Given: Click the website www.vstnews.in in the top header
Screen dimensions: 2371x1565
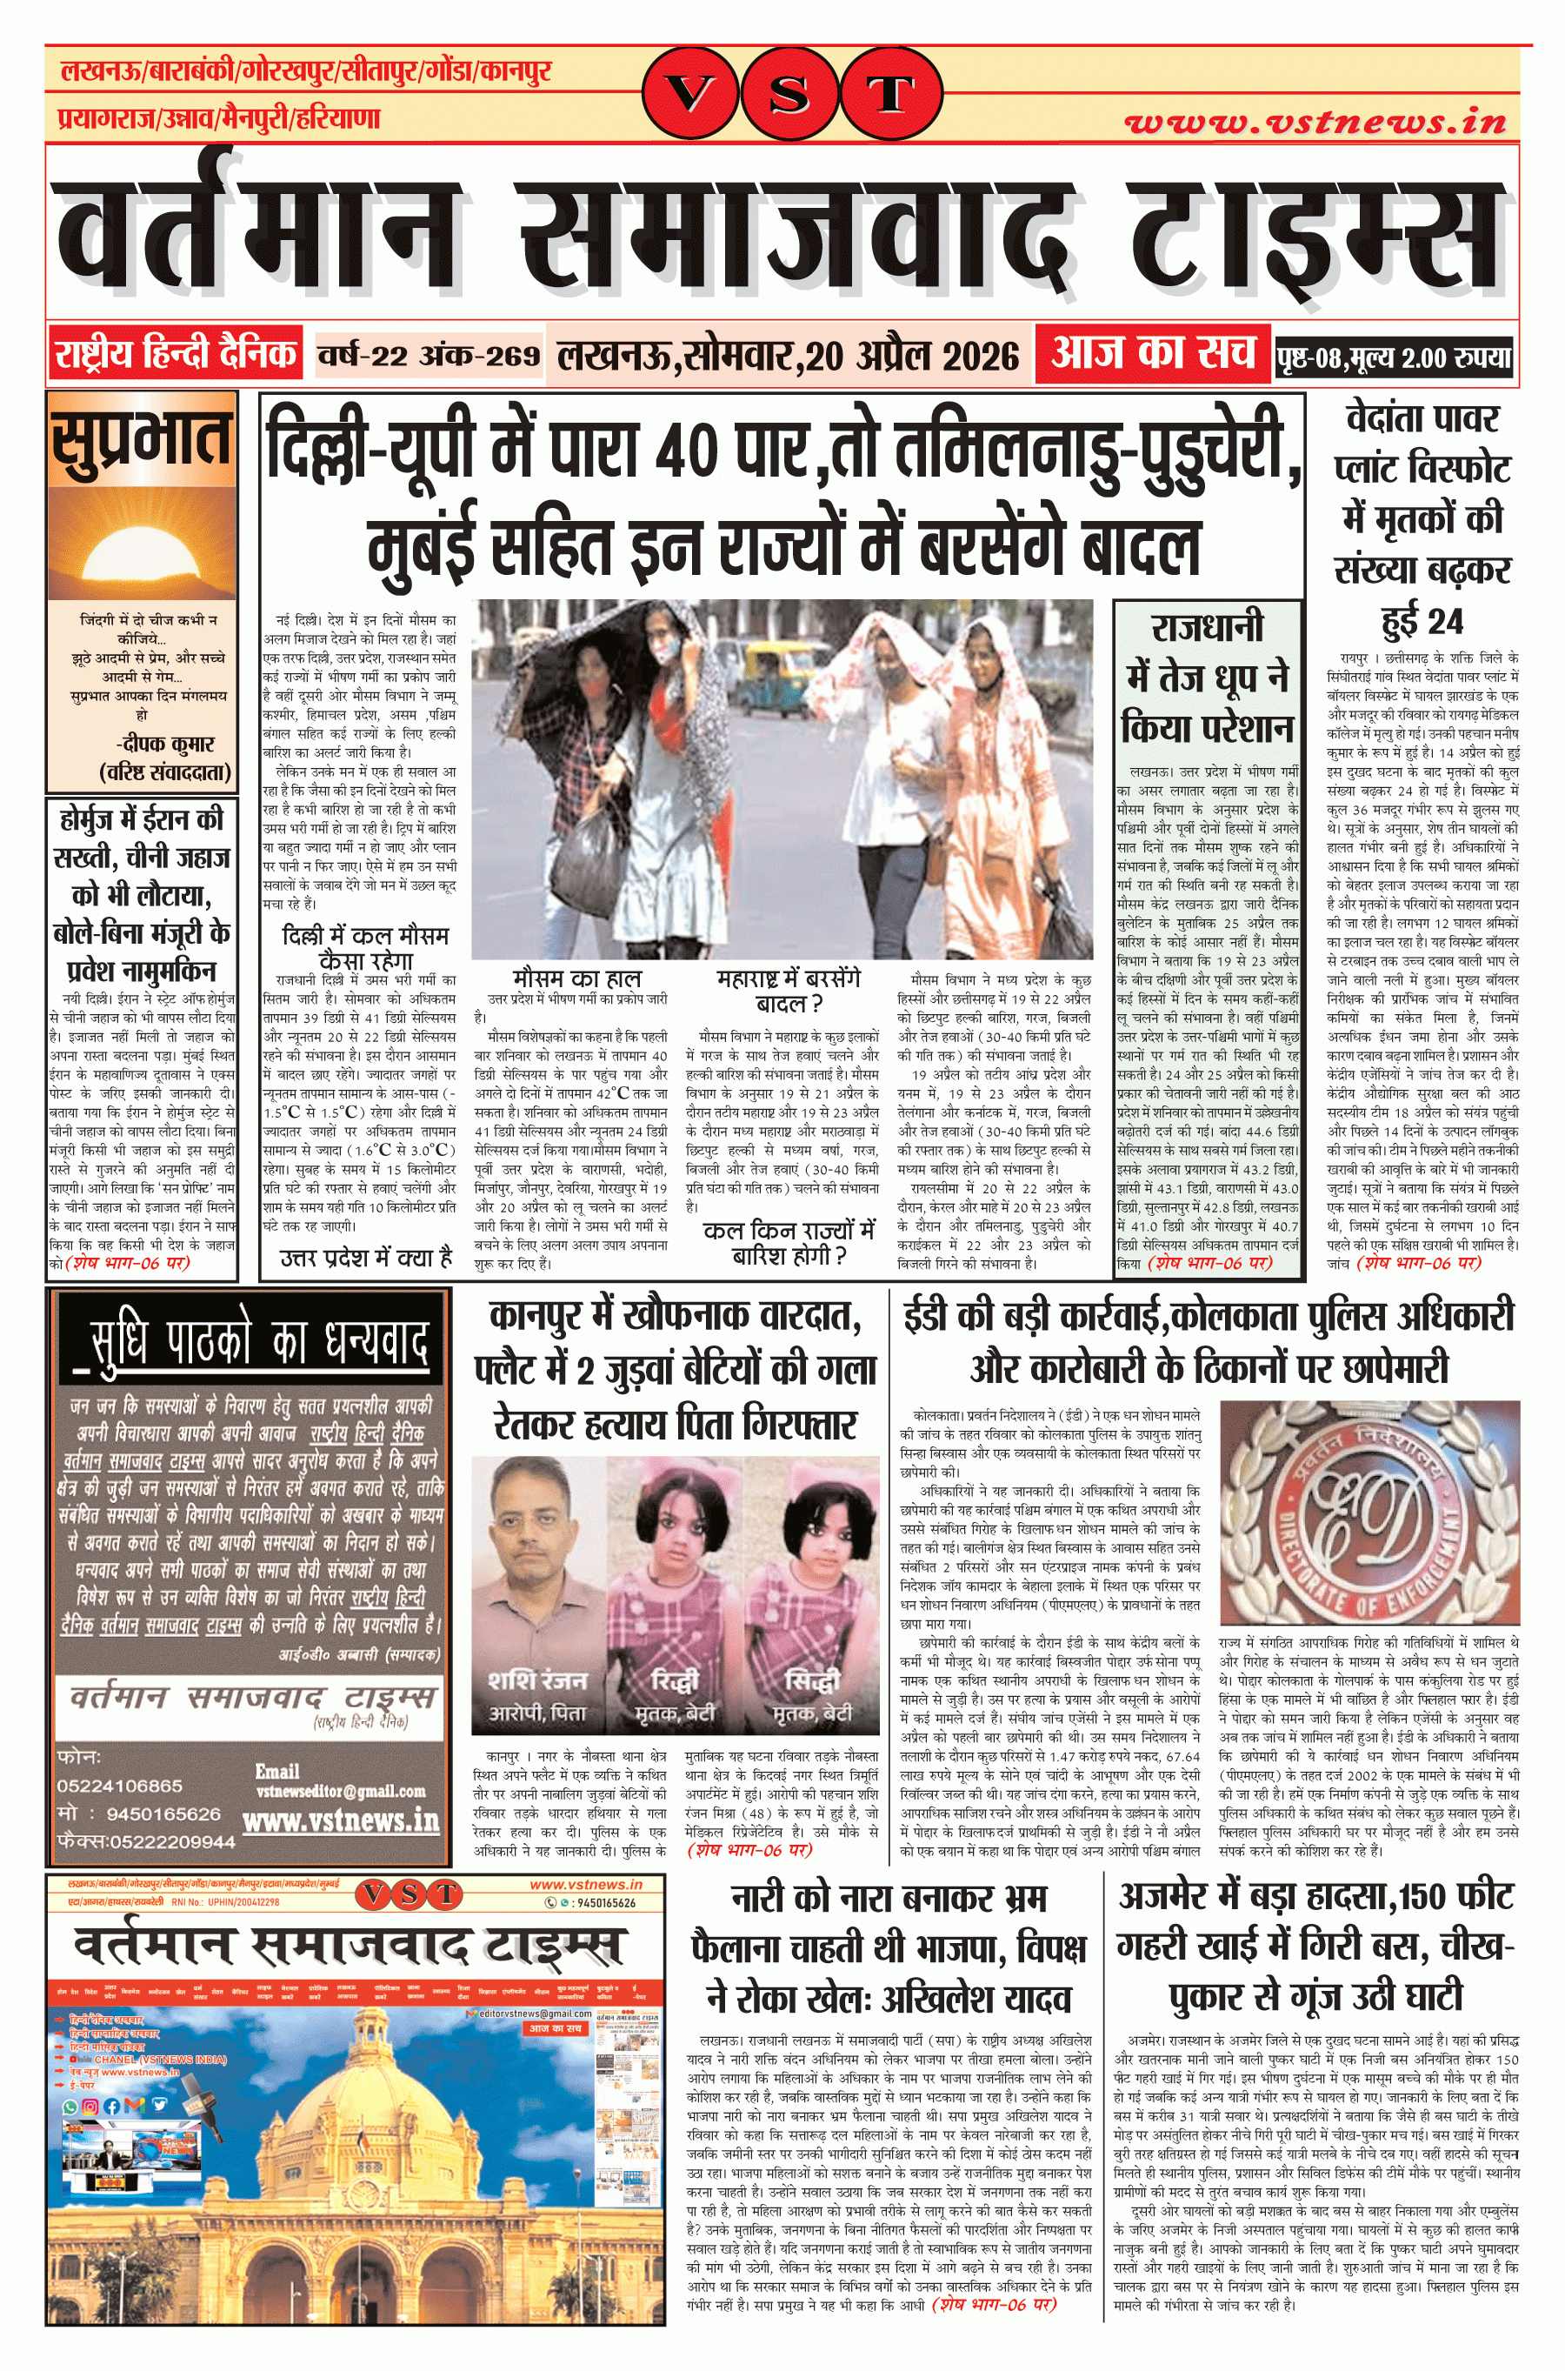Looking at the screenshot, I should [x=1315, y=122].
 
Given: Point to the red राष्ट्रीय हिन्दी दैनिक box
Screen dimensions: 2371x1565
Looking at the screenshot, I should [x=176, y=354].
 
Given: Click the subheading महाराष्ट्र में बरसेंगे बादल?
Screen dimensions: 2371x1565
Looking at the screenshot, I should [x=788, y=991].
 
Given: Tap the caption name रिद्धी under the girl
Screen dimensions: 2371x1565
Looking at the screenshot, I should [x=675, y=1680].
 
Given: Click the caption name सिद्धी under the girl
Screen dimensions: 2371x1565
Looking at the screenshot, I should [x=811, y=1680].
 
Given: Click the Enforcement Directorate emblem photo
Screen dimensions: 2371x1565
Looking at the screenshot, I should [x=1369, y=1513].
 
